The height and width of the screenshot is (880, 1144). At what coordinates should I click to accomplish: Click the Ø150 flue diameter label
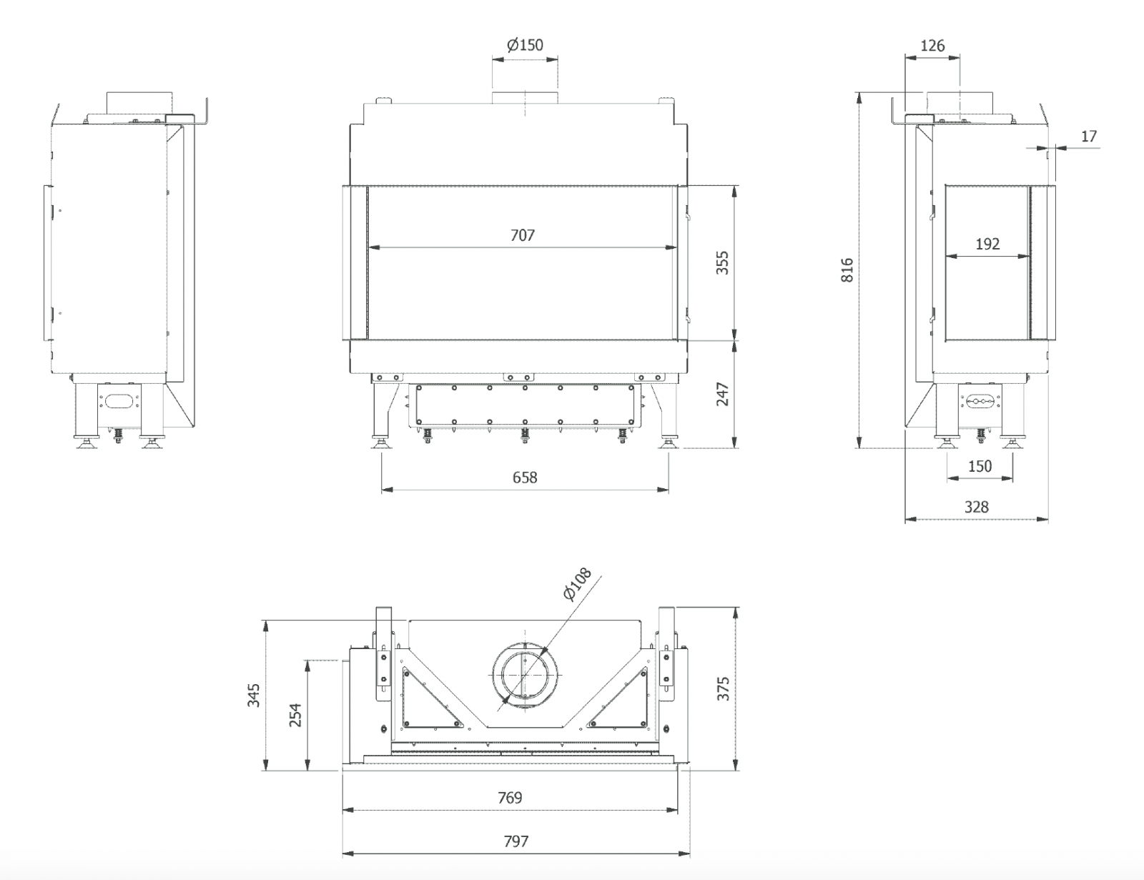[x=526, y=45]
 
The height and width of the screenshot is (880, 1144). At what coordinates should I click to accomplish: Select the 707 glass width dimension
[x=523, y=235]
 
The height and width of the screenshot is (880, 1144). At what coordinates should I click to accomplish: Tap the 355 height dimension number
[x=722, y=263]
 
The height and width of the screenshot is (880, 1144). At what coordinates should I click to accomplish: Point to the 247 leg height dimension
[x=722, y=395]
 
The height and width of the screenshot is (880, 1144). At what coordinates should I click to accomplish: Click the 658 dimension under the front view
[x=525, y=478]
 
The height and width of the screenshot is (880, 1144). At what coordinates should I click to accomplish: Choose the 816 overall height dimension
[x=848, y=270]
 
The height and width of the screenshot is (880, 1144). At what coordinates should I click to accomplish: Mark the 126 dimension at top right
[x=932, y=46]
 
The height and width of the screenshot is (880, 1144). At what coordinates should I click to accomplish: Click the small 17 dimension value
[x=1088, y=136]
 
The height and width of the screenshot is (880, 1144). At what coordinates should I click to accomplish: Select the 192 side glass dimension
[x=987, y=244]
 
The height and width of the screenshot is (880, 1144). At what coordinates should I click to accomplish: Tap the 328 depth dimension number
[x=976, y=507]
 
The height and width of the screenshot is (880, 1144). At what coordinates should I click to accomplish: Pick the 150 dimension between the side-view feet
[x=980, y=466]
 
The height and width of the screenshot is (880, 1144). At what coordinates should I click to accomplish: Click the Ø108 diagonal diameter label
[x=578, y=584]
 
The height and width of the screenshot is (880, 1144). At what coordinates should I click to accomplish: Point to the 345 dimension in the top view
[x=254, y=695]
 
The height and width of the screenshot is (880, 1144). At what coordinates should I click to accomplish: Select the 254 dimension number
[x=295, y=715]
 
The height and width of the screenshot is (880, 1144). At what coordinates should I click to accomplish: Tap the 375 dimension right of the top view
[x=724, y=688]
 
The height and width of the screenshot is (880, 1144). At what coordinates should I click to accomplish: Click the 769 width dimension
[x=510, y=798]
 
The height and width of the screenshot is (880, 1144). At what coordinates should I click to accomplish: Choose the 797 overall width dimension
[x=516, y=841]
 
